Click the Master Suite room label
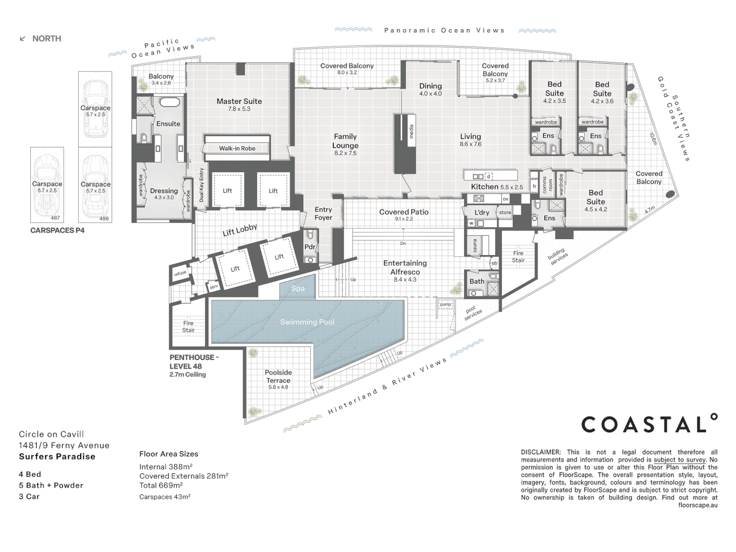(x=239, y=102)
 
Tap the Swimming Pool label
(x=307, y=322)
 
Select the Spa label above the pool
(x=298, y=289)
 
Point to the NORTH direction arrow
(x=22, y=39)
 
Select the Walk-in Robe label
(x=237, y=148)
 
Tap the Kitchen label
(x=485, y=187)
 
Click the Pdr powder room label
(x=310, y=247)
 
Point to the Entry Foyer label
(x=323, y=214)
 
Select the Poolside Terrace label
(x=278, y=377)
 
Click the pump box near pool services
(x=445, y=305)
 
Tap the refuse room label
(x=180, y=273)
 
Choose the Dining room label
(x=430, y=86)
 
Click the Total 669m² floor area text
(x=161, y=486)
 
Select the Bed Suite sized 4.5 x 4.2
(x=595, y=197)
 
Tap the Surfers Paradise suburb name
(x=57, y=457)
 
